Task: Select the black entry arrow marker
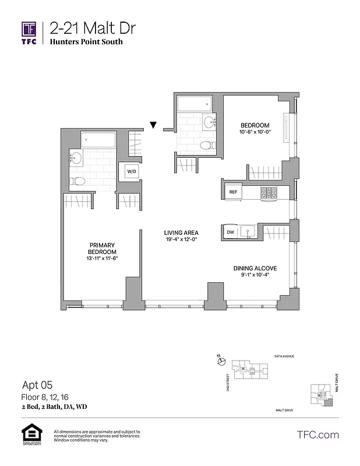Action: pyautogui.click(x=154, y=125)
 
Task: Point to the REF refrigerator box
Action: pyautogui.click(x=233, y=192)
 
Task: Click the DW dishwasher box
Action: pyautogui.click(x=231, y=232)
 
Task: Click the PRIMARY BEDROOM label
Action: pyautogui.click(x=101, y=249)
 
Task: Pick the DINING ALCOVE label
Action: pyautogui.click(x=255, y=268)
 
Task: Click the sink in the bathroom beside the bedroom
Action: pyautogui.click(x=209, y=123)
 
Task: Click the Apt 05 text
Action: pyautogui.click(x=37, y=384)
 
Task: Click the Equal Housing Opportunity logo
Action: pyautogui.click(x=30, y=435)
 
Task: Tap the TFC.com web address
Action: pyautogui.click(x=317, y=435)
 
